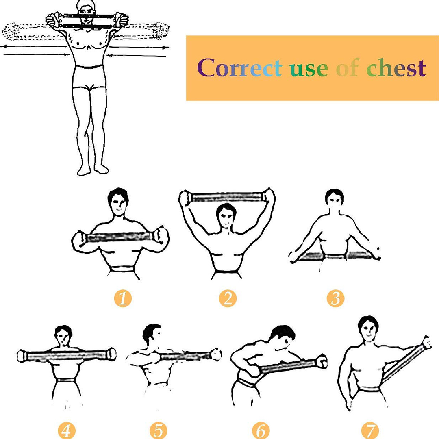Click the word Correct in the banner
pos(239,68)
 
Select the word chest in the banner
pos(396,68)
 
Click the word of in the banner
pos(348,68)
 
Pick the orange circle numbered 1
pos(123,298)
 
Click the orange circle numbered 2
pos(228,298)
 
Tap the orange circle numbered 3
pos(335,298)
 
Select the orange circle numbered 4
pos(67,430)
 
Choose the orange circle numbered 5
pos(158,430)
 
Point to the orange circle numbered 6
pos(261,430)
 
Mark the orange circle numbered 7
pos(370,430)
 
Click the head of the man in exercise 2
pos(226,215)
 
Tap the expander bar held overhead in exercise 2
pos(227,197)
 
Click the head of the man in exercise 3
pos(334,199)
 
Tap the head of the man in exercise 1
pos(118,202)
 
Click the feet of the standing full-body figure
pos(93,170)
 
